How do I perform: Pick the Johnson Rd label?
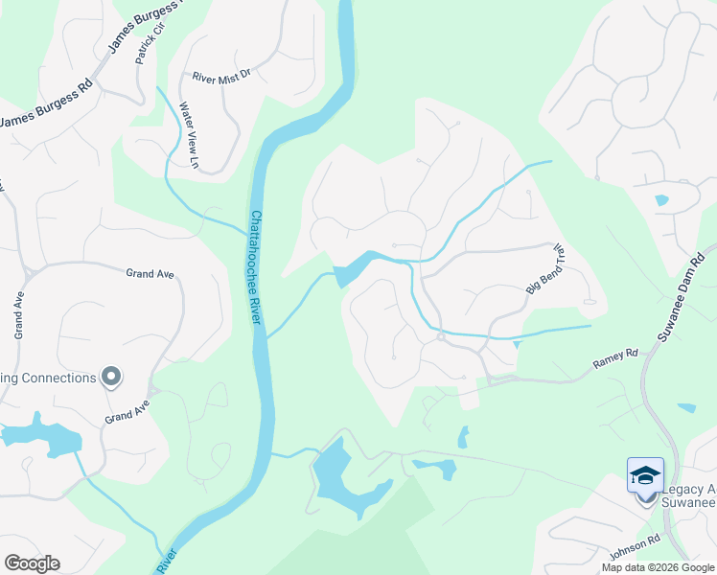634,553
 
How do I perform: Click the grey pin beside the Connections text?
111,377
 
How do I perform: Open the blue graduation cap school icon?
645,475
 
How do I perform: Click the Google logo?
32,563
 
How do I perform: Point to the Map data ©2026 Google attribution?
657,567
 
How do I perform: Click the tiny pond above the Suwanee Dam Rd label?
661,201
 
